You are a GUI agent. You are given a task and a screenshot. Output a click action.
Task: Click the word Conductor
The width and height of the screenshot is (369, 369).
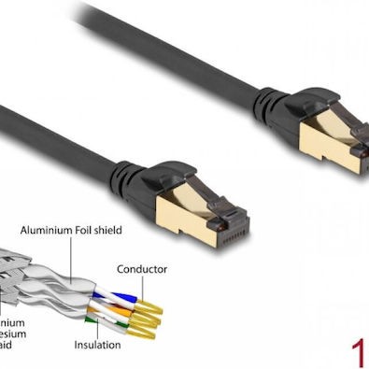click(x=142, y=269)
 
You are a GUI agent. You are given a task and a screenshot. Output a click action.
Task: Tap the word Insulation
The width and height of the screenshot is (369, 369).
click(x=97, y=345)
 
